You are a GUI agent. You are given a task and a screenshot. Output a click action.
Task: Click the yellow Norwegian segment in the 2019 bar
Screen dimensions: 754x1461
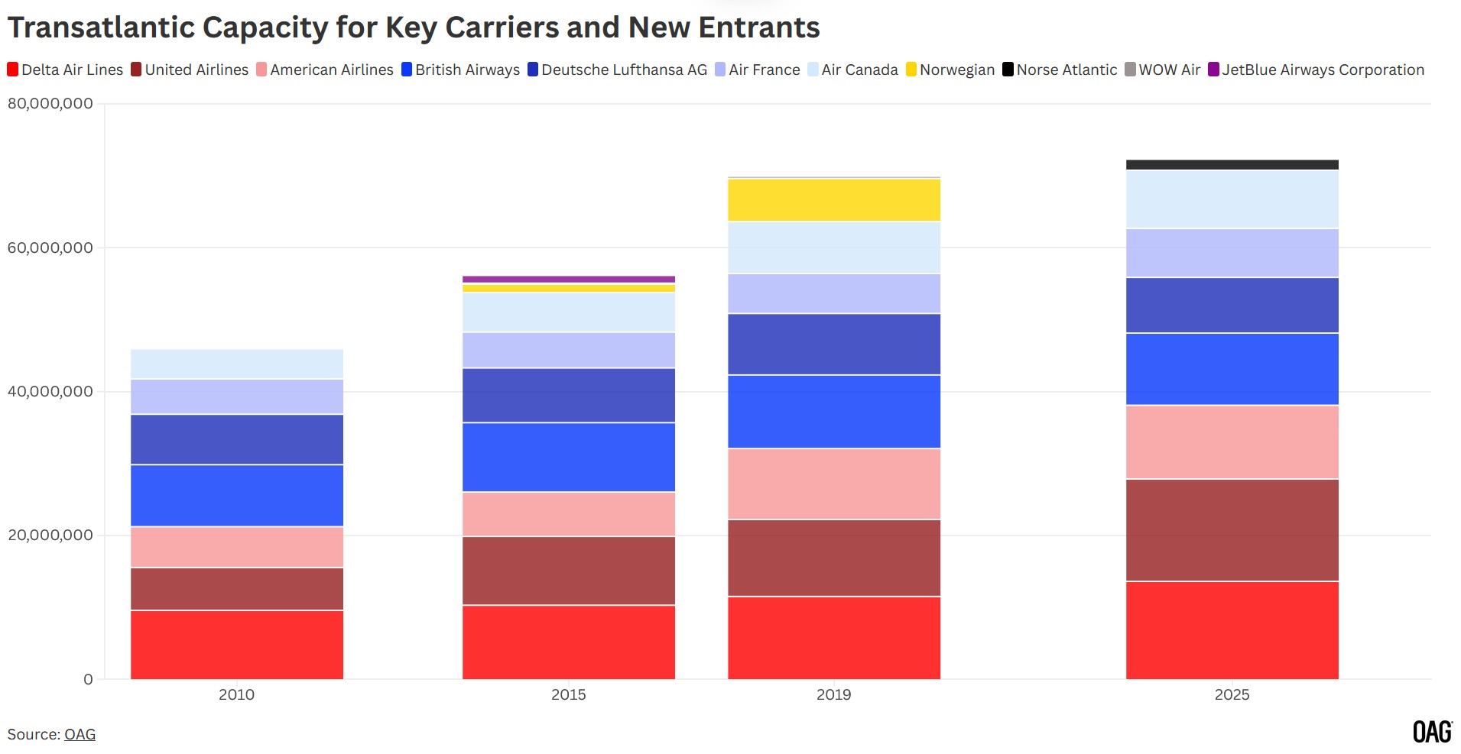[x=833, y=200]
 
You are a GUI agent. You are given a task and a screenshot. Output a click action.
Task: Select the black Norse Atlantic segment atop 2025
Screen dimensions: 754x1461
[x=1232, y=164]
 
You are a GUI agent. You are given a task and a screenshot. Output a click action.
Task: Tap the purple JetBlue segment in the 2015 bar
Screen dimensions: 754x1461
[x=568, y=280]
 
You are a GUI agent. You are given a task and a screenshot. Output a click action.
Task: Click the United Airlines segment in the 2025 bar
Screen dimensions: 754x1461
[x=1232, y=530]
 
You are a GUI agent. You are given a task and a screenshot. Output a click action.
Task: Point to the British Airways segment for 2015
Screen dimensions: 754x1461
[x=568, y=457]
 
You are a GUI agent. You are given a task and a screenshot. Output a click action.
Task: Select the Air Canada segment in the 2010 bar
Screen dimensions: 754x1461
[x=236, y=364]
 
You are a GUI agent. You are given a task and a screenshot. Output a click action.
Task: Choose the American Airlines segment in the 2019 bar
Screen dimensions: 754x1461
[x=833, y=484]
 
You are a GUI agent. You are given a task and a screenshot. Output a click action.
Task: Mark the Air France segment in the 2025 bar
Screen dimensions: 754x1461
[x=1232, y=253]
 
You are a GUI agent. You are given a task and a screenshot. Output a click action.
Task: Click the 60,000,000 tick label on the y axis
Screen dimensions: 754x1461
[x=50, y=248]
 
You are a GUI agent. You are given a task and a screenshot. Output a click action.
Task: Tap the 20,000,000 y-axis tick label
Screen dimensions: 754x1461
[x=50, y=535]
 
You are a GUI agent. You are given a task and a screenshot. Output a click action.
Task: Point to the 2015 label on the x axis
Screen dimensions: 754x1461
[x=568, y=694]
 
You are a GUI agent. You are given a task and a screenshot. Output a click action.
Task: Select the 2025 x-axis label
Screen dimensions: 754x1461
[x=1232, y=694]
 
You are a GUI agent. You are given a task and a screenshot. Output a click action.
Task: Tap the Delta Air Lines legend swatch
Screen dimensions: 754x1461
[x=13, y=70]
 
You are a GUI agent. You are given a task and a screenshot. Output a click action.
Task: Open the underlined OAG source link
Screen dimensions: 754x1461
[x=80, y=734]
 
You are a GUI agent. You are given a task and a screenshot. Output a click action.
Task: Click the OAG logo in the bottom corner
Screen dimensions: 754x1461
[x=1431, y=732]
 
